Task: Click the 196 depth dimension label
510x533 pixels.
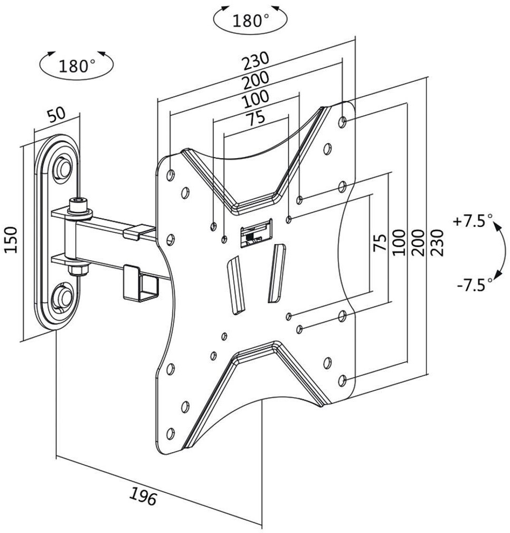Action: tap(143, 496)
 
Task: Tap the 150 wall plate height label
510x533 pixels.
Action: tap(11, 240)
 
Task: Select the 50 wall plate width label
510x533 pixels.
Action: tap(56, 115)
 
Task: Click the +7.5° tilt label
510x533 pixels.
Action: tap(473, 221)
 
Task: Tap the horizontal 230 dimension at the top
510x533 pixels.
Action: tap(255, 60)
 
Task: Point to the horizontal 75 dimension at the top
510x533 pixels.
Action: tap(255, 118)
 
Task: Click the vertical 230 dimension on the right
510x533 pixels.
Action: tap(437, 243)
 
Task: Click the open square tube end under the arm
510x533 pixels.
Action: tap(150, 287)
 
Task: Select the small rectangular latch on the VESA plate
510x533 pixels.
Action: tap(256, 233)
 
